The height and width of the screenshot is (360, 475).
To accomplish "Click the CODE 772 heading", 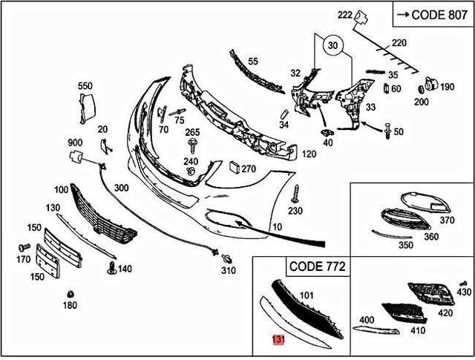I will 316,265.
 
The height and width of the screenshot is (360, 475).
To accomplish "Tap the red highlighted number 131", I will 278,340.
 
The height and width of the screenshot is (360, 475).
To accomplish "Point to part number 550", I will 85,87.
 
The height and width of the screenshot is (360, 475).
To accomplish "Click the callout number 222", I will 344,15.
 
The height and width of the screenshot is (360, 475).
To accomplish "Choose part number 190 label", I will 447,87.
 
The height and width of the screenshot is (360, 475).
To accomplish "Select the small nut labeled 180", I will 69,291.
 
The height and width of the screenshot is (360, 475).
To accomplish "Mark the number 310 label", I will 228,271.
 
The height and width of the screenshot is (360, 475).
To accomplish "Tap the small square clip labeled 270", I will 233,168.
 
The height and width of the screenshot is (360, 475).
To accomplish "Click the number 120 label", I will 309,154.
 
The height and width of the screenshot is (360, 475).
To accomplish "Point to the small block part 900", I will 76,157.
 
